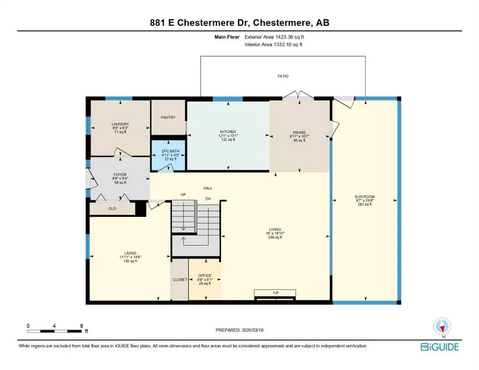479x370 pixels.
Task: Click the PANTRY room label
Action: (x=168, y=117)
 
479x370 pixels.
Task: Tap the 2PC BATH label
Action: (x=170, y=151)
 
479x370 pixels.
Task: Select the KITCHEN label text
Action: (x=228, y=132)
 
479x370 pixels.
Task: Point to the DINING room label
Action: (x=300, y=132)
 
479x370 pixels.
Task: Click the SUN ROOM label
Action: (x=365, y=197)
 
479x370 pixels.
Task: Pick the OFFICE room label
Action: (x=205, y=276)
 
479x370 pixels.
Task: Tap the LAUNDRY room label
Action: (x=120, y=124)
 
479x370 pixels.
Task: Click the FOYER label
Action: (x=120, y=175)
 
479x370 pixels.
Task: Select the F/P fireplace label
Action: (x=276, y=293)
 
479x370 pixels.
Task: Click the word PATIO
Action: (x=283, y=76)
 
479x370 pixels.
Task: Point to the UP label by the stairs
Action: (x=183, y=195)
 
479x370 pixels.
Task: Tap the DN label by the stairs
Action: (x=208, y=199)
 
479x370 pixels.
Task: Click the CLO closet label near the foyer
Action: (x=112, y=209)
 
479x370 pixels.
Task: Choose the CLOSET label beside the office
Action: (x=180, y=280)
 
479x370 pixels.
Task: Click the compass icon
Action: (x=442, y=326)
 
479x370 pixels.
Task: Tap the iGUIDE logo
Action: (x=439, y=347)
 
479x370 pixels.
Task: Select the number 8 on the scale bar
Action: (x=82, y=326)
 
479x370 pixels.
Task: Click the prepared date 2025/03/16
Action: (x=253, y=330)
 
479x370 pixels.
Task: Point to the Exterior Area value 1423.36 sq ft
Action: (x=289, y=37)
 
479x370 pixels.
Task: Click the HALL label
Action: (x=208, y=188)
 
